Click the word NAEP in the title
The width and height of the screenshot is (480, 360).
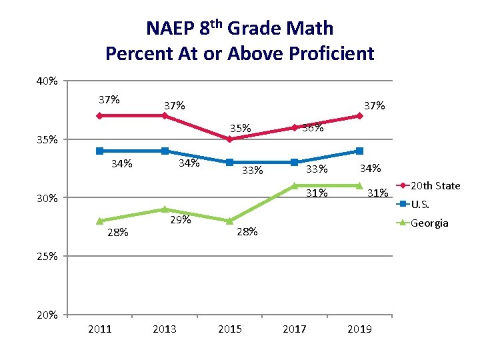pos(170,29)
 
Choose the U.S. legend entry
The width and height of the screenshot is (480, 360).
pos(420,204)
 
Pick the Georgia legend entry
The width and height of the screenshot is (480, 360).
pos(429,223)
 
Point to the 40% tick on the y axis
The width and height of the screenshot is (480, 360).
pos(47,81)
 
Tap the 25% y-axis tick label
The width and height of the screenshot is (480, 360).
pos(47,256)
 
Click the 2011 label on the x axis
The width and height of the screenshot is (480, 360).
pos(100,329)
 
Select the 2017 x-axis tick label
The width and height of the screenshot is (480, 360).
pos(295,329)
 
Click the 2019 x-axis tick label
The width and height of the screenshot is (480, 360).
pos(359,329)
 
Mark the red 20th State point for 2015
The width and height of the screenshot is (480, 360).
pos(229,139)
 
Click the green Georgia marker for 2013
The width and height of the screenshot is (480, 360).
pos(165,209)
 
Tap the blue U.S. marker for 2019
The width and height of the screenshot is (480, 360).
pos(359,151)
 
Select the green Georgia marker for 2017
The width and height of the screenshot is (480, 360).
pos(295,186)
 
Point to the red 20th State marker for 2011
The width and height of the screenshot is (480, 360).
pos(100,116)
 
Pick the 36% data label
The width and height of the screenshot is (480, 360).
pos(313,128)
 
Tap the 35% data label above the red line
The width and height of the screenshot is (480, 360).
pos(241,128)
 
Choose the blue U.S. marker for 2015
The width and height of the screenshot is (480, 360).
pos(229,162)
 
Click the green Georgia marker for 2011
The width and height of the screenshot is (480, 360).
pos(100,221)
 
